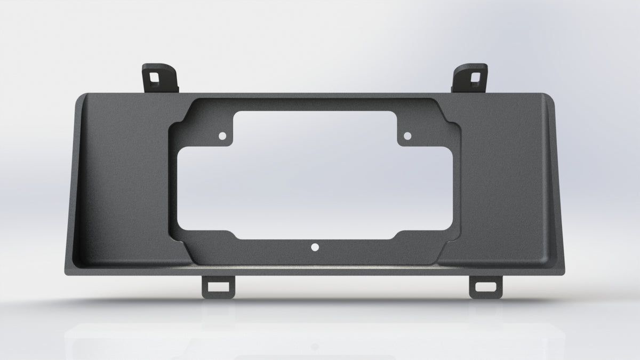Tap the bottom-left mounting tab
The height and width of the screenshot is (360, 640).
pos(218,286)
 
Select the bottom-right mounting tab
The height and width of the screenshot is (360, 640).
pos(485,286)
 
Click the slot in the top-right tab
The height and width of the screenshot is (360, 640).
pos(474,76)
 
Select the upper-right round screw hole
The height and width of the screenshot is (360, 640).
pos(407,136)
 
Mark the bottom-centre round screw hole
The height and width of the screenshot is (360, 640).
pos(315,247)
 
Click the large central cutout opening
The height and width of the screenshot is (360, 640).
pos(315,176)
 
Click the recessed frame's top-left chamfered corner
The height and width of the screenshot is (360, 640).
pos(180,115)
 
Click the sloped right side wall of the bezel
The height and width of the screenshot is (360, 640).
pos(556,181)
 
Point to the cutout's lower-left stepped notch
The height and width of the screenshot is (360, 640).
pos(235,235)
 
